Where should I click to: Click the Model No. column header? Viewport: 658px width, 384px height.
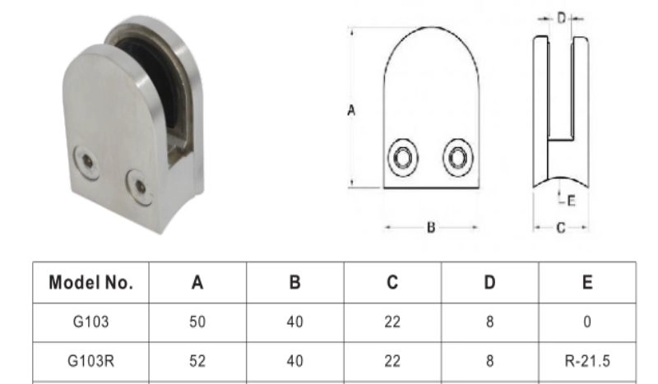coord(90,282)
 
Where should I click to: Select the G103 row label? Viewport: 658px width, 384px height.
coord(90,322)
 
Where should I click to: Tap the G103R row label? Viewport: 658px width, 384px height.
coord(90,361)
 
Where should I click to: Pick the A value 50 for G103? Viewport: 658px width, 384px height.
coord(197,322)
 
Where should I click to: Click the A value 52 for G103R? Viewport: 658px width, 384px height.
coord(197,361)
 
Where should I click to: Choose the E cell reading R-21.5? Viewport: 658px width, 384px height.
coord(587,361)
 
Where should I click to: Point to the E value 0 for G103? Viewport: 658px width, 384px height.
coord(587,322)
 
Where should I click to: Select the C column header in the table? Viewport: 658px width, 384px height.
coord(392,282)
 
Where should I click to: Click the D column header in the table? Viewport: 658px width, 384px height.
coord(489,282)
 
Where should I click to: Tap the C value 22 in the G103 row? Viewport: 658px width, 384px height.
coord(392,322)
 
